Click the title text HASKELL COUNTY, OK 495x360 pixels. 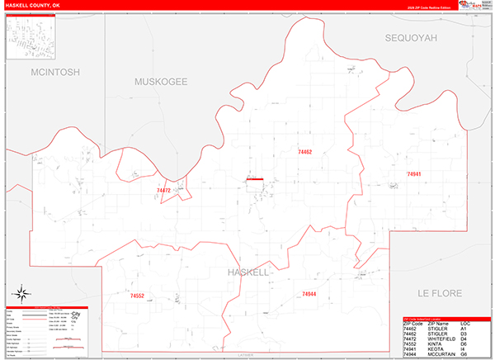click(33, 5)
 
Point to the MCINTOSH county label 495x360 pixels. click(54, 73)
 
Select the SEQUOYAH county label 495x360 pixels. click(410, 38)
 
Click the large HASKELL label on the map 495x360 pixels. click(248, 272)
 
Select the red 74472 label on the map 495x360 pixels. click(163, 191)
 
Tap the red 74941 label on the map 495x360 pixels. click(414, 174)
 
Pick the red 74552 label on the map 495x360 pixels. click(137, 295)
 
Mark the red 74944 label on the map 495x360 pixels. click(309, 294)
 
